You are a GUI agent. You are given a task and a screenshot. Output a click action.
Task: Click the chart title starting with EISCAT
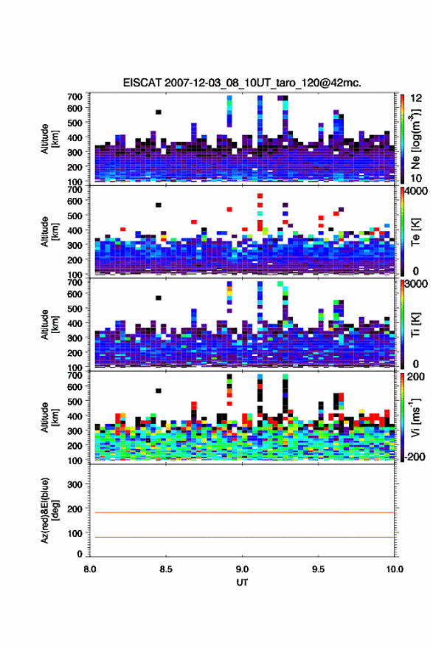coord(242,83)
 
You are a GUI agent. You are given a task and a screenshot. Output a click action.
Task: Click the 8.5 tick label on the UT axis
coord(166,569)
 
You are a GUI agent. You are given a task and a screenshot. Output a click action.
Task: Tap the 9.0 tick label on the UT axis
coord(242,569)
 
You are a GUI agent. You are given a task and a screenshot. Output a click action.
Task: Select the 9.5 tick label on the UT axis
coord(318,569)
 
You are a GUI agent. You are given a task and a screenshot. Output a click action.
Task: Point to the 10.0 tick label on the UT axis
coord(395,569)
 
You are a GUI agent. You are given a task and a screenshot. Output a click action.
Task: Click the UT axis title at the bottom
coord(242,583)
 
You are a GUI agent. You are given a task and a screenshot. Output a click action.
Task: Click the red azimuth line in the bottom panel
coord(242,512)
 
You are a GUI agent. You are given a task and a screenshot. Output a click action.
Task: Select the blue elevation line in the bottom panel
coord(242,537)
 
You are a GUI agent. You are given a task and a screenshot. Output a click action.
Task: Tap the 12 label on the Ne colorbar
coord(416,98)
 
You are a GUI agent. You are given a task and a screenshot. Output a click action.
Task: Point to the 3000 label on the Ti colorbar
coord(416,284)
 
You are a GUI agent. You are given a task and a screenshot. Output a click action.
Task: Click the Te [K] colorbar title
coord(415,232)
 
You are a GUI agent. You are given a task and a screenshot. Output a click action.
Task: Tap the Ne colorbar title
coord(415,139)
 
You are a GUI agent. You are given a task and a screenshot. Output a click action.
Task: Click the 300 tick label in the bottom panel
coord(75,484)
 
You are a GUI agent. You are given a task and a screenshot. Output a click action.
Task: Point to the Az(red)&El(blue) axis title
coord(49,510)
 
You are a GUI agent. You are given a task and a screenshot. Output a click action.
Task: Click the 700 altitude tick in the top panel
coord(75,97)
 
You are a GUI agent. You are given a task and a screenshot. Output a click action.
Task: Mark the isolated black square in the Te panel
coord(158,205)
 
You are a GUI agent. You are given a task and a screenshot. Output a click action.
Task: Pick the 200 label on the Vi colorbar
coord(416,377)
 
